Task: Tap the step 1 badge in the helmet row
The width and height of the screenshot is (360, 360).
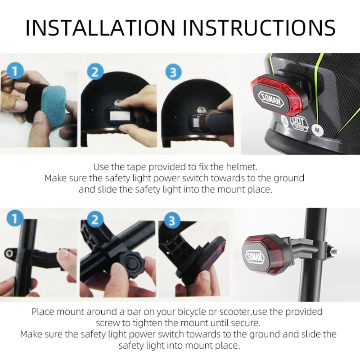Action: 15,71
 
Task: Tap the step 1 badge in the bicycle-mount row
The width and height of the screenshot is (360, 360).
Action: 15,219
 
